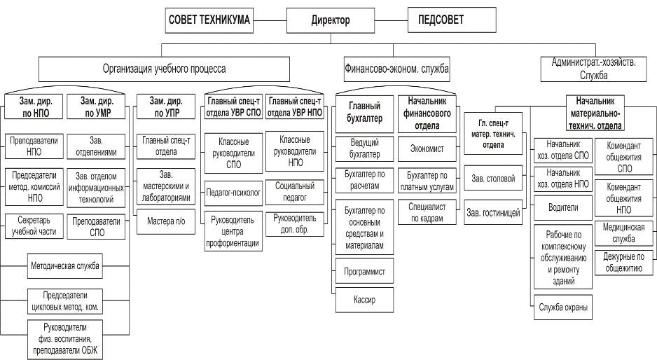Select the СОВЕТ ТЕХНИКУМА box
(x=209, y=20)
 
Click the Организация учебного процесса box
(x=165, y=69)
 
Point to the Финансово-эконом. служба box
(x=396, y=69)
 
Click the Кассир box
(x=365, y=300)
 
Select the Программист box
(x=365, y=270)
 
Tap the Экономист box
(x=427, y=148)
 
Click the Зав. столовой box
(x=494, y=179)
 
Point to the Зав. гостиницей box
(x=494, y=212)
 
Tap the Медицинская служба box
(x=623, y=232)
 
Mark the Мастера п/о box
(x=165, y=221)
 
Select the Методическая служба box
(x=65, y=266)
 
